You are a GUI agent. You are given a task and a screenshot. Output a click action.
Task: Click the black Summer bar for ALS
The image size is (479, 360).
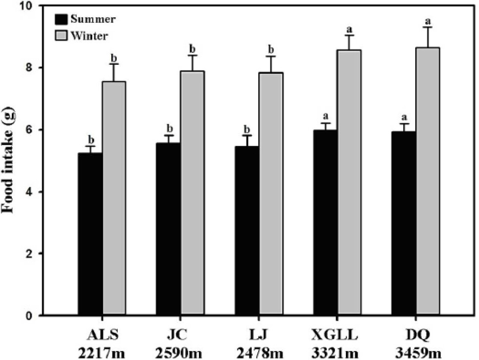coord(90,234)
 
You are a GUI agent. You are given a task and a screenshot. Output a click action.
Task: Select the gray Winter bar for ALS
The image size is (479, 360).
coord(114,198)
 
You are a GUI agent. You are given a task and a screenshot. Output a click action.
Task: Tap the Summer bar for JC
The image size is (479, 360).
coord(168,229)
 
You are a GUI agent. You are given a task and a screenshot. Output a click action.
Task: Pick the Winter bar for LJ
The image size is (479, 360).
coord(271,194)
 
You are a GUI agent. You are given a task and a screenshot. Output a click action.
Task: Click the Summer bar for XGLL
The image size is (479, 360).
coord(325,223)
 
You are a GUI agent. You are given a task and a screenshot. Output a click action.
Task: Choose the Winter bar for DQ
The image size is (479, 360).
coord(428,181)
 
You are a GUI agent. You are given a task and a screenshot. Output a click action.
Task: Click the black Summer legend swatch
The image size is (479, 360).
coord(61,20)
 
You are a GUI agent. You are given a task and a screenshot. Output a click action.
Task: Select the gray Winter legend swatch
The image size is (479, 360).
coord(61,36)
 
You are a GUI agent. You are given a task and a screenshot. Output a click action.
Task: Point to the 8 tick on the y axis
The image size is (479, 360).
coord(40,68)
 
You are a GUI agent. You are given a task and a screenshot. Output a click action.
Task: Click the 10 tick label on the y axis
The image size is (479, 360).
coord(28,5)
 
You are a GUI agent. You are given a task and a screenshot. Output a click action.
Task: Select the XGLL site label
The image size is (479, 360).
coord(335,336)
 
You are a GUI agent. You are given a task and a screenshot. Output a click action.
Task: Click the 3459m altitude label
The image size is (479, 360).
coord(418,354)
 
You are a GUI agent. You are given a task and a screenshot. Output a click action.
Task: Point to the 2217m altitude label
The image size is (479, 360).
coord(101,354)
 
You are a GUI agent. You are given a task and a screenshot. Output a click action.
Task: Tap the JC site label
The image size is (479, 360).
coord(177,336)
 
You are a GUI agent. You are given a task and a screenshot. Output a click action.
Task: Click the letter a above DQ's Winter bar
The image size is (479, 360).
coord(429,21)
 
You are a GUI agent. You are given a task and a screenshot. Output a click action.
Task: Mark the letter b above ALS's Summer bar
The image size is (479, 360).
coord(91,139)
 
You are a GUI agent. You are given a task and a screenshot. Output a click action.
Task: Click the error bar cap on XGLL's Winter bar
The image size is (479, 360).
coord(349,36)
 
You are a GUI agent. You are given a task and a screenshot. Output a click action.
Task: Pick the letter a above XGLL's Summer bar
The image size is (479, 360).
coord(326,116)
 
